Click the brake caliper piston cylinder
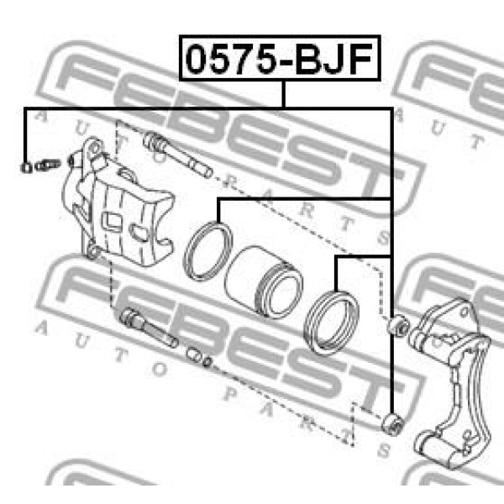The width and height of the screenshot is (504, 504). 264,282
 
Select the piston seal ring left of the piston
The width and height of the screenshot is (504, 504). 207,250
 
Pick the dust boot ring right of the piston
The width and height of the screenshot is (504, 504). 331,323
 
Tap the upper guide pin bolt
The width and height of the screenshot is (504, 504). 177,154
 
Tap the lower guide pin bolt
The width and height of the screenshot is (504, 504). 149,328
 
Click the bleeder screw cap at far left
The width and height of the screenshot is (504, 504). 26,167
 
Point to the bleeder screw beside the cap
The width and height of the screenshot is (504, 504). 47,165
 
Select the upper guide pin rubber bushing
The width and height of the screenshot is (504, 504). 397,326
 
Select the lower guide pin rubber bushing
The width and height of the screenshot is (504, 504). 393,424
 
